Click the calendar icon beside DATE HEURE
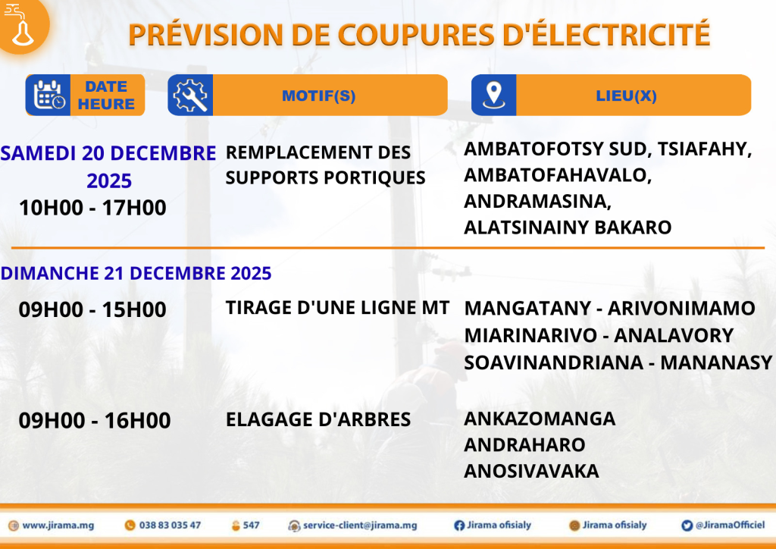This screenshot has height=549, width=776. pos(49,95)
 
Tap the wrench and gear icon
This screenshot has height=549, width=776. pos(190,95)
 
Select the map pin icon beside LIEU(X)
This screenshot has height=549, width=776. pos(493,95)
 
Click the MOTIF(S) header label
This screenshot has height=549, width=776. pos(319,96)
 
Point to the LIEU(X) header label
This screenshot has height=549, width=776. pos(626,96)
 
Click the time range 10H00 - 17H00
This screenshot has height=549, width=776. pos(92,208)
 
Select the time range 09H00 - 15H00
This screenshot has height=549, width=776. pos(92,309)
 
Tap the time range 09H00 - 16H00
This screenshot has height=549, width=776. pos(95,420)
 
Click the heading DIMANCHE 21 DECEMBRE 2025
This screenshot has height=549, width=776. pos(136,273)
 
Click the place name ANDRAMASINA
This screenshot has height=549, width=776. pos(535,202)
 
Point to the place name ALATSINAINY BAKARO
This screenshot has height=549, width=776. pos(568,227)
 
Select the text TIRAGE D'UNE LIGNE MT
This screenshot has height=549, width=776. pos(337,308)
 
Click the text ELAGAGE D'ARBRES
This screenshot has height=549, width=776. pos(318,420)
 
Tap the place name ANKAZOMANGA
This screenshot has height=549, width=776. pos(540,419)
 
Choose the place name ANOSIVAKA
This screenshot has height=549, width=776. pos(531,471)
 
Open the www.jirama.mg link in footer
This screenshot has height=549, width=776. pos(58,525)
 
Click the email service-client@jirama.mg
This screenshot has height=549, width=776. pos(360,525)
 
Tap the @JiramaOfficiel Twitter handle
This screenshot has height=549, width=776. pos(730,525)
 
